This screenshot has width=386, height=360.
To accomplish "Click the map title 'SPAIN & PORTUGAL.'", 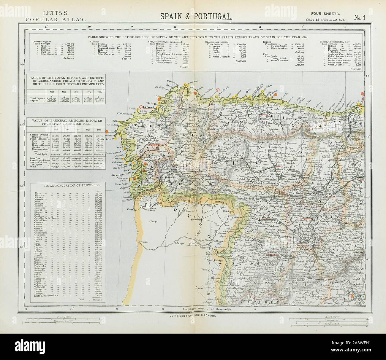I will click(x=196, y=16).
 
